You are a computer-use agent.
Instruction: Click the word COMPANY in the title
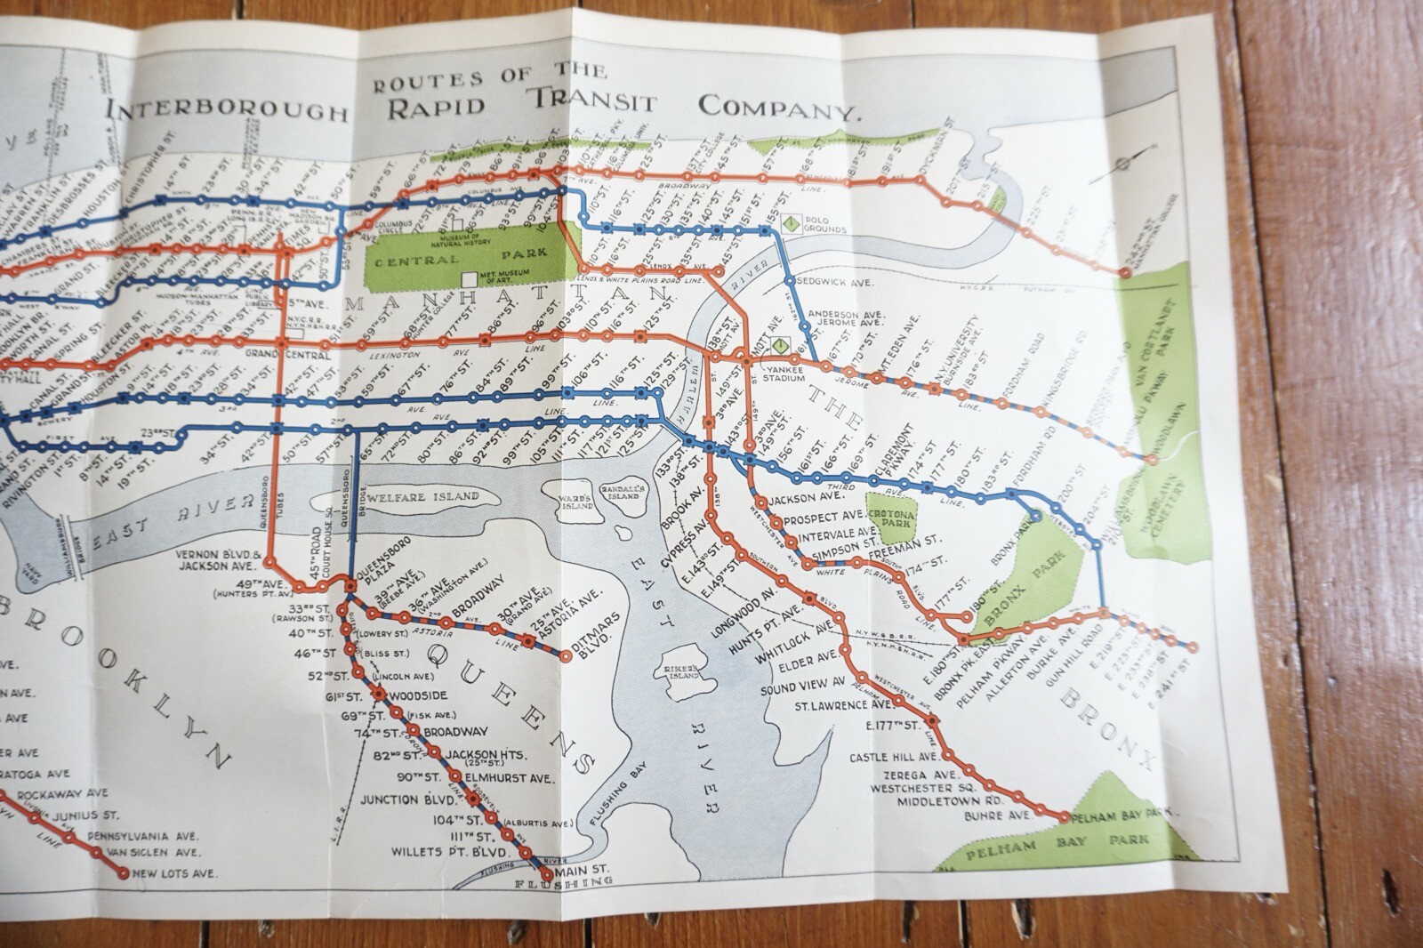click(x=779, y=107)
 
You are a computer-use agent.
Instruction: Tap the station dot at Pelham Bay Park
click(x=1065, y=815)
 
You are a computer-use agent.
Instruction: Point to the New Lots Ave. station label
click(x=174, y=873)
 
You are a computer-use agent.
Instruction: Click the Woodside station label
click(x=422, y=695)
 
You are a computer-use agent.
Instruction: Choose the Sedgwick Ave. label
click(x=840, y=281)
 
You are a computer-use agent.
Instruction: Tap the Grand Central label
click(x=287, y=355)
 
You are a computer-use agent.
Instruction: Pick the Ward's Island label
click(x=575, y=503)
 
